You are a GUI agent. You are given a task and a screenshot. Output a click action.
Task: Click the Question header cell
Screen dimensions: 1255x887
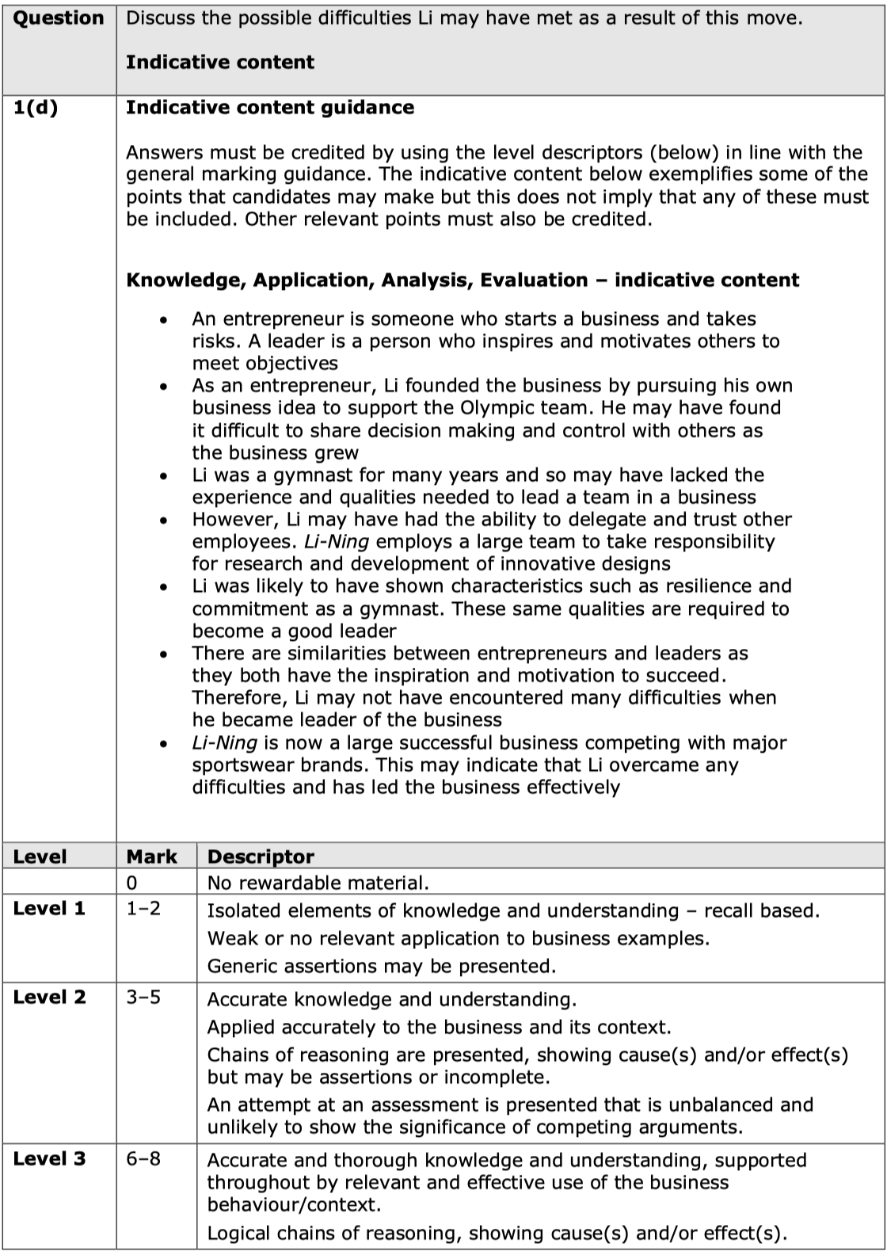[59, 18]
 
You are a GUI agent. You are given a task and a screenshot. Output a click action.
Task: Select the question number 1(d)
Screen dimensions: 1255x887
[36, 108]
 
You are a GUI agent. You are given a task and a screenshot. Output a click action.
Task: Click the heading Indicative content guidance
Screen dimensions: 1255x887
[269, 108]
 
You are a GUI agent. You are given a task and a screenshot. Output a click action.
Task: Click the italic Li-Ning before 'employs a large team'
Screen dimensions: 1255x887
[337, 542]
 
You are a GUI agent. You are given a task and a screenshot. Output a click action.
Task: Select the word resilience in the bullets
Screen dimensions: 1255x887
[698, 586]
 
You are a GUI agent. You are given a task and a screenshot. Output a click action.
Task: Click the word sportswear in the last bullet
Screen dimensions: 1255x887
[241, 765]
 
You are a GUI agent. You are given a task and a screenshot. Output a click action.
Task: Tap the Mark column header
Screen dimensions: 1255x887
[151, 856]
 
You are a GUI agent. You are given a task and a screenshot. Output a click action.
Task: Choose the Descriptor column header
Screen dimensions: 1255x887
[261, 856]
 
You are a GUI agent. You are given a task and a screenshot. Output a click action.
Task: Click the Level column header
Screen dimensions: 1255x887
[40, 856]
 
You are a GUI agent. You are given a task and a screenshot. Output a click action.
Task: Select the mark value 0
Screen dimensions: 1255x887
[131, 883]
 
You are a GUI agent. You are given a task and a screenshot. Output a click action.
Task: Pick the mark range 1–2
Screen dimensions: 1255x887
[143, 909]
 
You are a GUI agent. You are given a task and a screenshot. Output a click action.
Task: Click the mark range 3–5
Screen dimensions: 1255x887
[143, 998]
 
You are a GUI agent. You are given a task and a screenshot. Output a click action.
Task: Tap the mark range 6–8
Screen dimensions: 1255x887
[143, 1159]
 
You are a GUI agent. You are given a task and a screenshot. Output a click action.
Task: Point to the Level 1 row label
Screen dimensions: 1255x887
[49, 909]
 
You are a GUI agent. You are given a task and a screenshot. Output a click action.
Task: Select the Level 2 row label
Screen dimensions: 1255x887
[49, 998]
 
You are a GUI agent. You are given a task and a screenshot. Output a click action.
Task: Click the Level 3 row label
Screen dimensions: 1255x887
[49, 1159]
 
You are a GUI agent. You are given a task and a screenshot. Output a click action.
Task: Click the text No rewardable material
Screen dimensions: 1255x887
[318, 883]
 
